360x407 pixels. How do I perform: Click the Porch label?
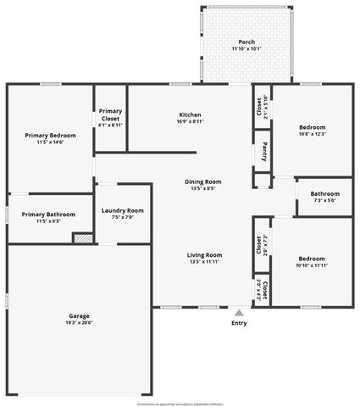[246, 42]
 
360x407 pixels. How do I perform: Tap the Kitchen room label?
[190, 114]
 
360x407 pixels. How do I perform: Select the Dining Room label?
[203, 181]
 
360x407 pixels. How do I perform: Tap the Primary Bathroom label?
[48, 215]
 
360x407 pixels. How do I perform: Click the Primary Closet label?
[110, 114]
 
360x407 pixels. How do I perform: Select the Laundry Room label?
[122, 210]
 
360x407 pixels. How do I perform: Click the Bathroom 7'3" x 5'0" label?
[324, 193]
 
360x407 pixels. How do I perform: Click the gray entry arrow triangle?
[239, 312]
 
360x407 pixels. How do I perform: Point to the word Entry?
[239, 323]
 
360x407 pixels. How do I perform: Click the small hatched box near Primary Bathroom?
[82, 238]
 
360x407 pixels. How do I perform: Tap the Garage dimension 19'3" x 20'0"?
[79, 322]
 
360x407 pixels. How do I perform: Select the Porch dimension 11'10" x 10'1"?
[246, 48]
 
